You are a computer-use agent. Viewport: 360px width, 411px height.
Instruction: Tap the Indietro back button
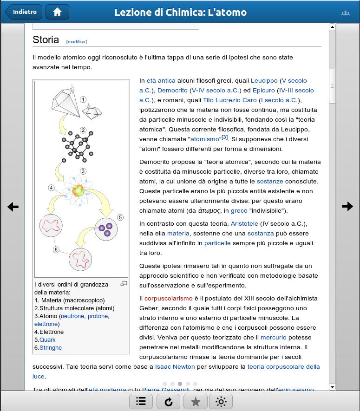point(24,12)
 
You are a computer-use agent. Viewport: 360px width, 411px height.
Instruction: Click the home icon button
point(57,12)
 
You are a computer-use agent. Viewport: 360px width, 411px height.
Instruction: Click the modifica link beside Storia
point(77,42)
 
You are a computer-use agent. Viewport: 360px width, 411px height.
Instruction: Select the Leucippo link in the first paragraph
point(264,80)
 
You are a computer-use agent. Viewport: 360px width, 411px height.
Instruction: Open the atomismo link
point(205,139)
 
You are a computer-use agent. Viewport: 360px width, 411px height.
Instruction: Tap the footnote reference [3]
point(225,137)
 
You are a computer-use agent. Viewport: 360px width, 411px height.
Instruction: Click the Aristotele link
point(244,223)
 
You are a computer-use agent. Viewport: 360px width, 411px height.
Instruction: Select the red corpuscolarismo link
point(168,298)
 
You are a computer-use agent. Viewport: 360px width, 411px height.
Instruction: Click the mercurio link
point(274,337)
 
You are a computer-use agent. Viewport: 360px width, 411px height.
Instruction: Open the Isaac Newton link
point(175,366)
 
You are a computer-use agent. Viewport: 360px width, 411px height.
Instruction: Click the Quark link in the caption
point(47,339)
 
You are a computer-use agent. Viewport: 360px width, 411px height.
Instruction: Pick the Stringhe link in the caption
point(51,347)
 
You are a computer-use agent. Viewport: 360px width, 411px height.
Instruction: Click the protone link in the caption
point(98,316)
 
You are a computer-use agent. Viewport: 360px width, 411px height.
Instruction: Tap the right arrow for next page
point(347,207)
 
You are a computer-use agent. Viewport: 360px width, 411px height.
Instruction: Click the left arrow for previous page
point(13,207)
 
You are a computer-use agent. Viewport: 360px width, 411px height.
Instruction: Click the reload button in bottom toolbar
point(168,402)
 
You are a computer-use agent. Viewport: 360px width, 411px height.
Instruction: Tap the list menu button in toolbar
point(141,402)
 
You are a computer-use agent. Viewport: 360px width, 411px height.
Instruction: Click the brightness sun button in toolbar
point(221,402)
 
